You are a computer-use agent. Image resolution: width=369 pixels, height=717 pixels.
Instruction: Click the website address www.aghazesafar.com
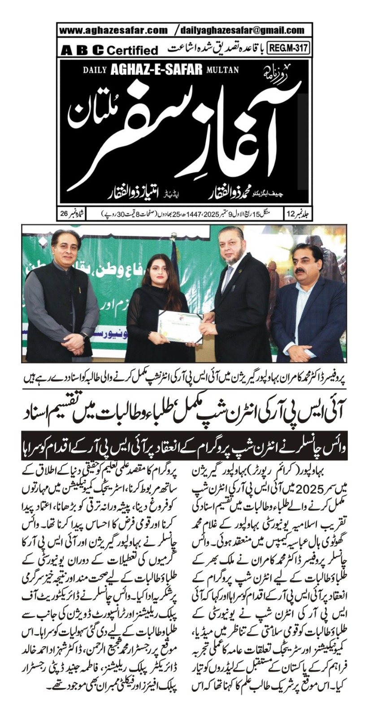tap(113, 30)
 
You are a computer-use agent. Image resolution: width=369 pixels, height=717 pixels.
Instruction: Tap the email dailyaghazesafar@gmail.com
tap(242, 30)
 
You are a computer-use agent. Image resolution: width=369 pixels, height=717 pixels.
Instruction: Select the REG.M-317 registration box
tap(289, 48)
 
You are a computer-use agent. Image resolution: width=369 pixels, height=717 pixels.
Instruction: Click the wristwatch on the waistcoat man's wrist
tap(85, 337)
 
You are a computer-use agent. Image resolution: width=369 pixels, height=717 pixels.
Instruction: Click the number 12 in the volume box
tap(291, 212)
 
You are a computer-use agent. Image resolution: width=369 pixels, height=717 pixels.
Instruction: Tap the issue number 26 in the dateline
tap(64, 212)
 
